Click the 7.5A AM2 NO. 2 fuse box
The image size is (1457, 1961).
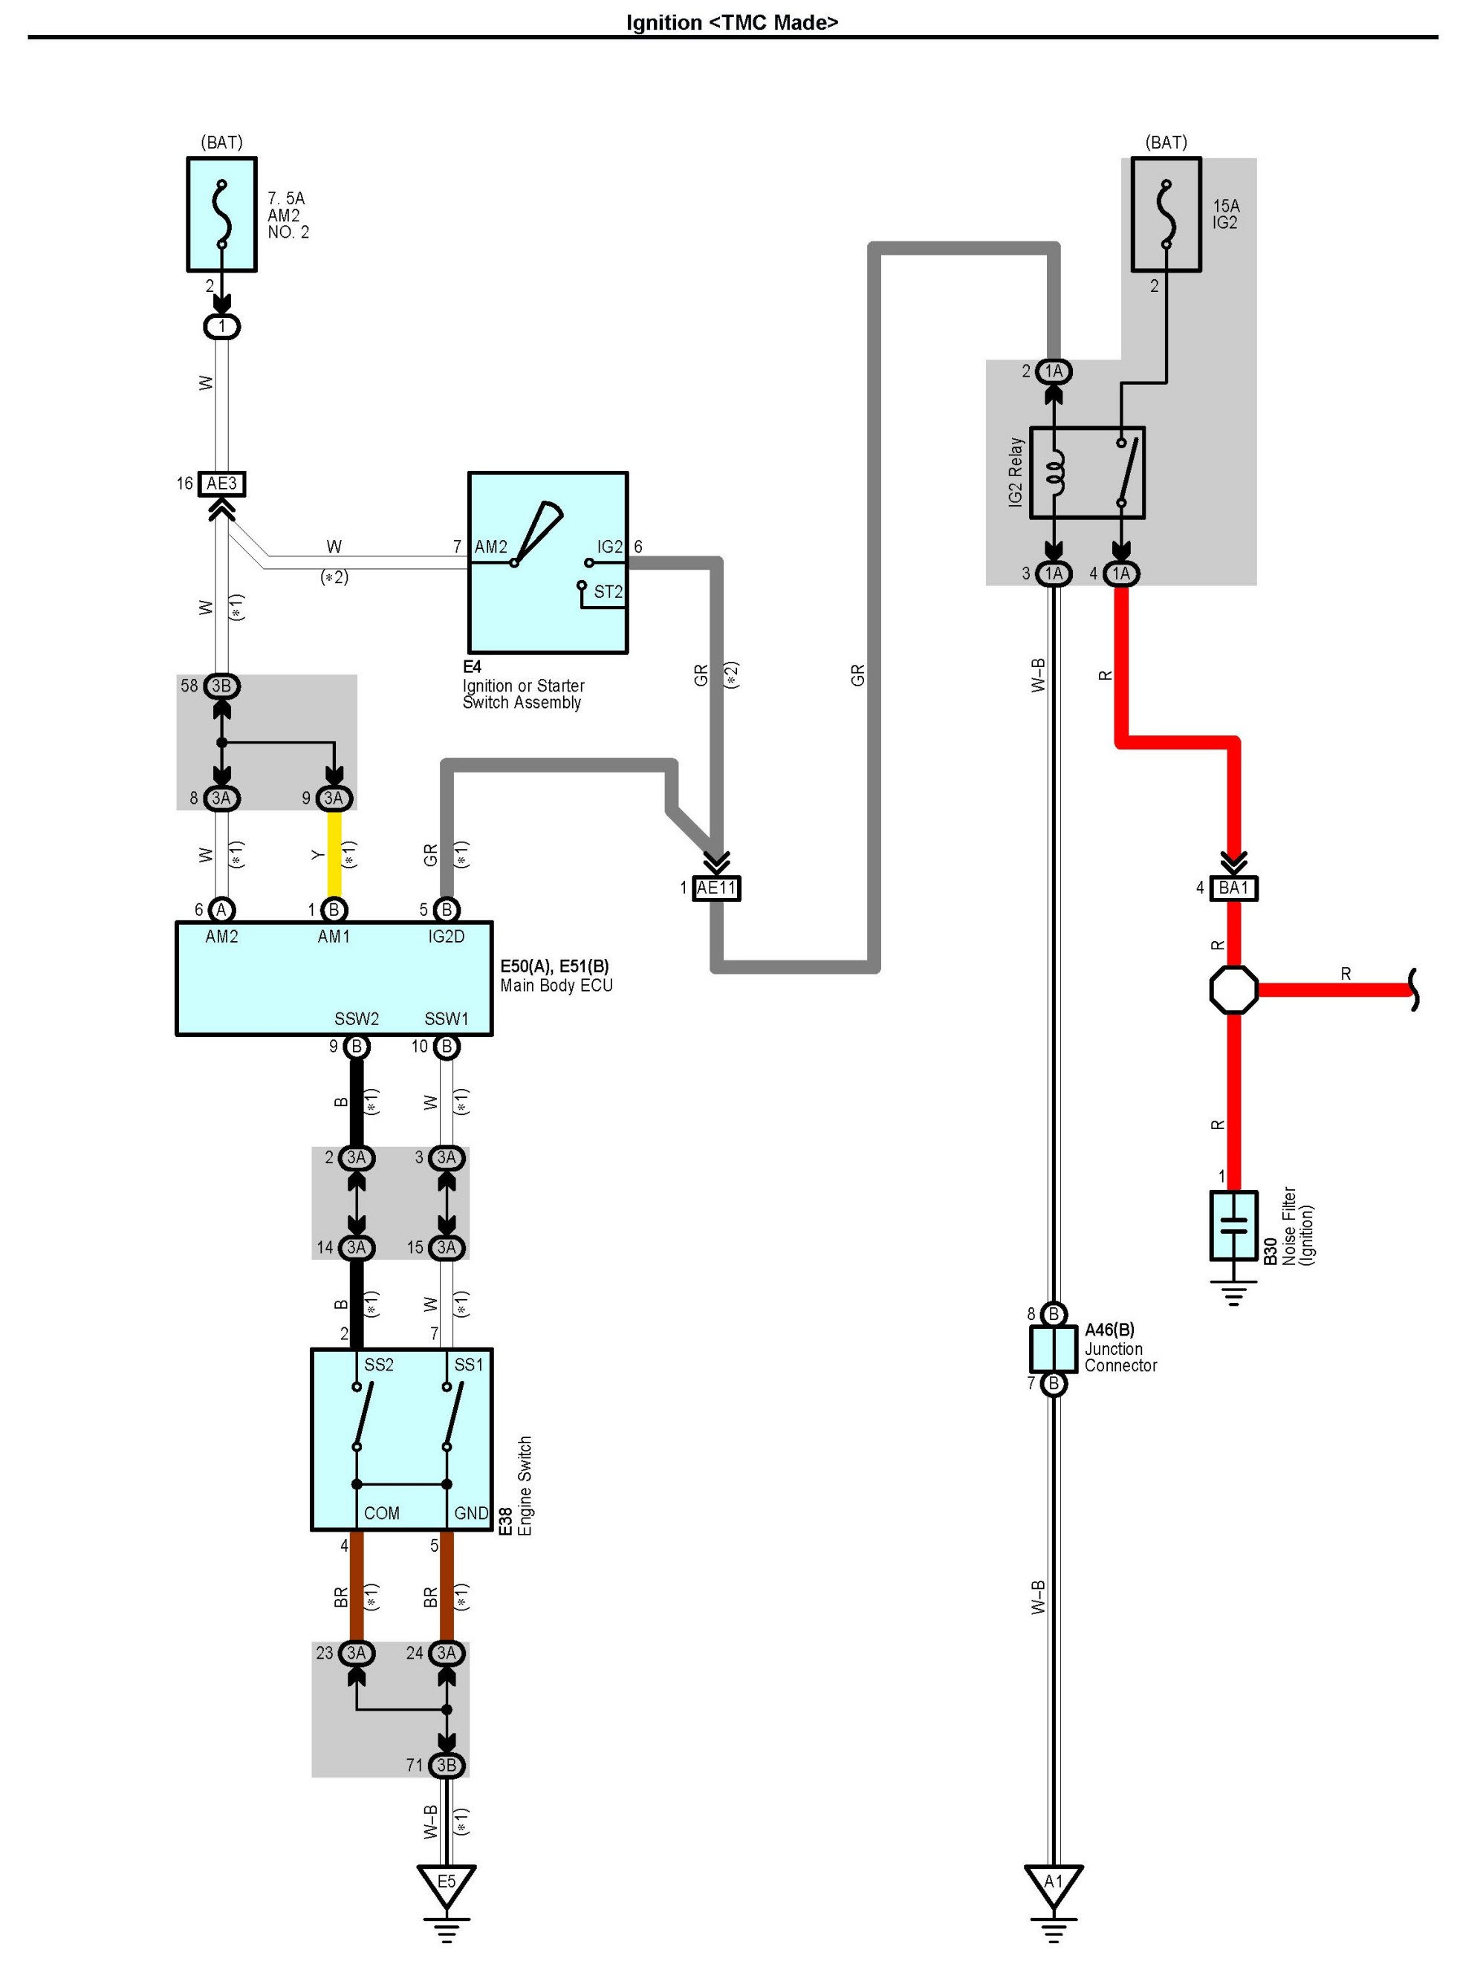[x=221, y=214]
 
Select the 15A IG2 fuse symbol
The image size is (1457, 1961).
[x=1166, y=214]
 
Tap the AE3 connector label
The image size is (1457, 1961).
[x=221, y=484]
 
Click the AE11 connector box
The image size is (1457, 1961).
[x=716, y=888]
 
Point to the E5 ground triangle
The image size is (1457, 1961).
[x=447, y=1882]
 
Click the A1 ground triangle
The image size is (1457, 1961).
[x=1053, y=1882]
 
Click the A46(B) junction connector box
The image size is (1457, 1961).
[x=1053, y=1348]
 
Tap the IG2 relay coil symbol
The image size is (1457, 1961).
[x=1055, y=472]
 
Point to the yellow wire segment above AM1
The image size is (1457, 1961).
[x=334, y=853]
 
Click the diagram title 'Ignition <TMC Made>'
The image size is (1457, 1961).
[x=731, y=22]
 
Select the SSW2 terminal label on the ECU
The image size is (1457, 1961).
[x=357, y=1019]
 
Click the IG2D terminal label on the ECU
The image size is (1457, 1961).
[x=447, y=937]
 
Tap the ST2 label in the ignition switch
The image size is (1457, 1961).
[x=608, y=592]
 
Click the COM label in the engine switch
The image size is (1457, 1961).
[x=381, y=1513]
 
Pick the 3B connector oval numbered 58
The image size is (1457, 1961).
[x=221, y=685]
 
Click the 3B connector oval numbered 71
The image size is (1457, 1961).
[x=447, y=1764]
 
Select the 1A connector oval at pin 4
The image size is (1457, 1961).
[x=1120, y=574]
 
